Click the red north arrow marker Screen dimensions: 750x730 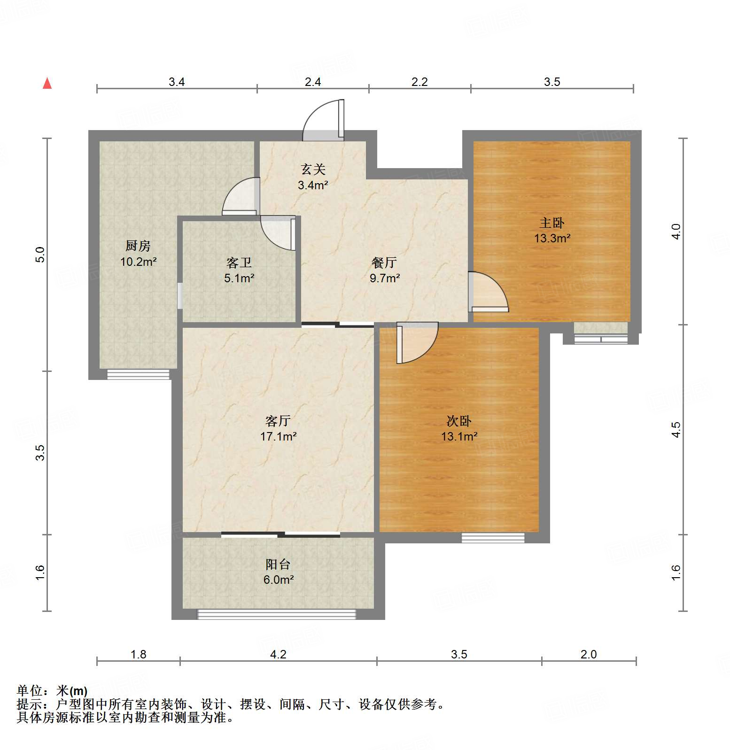[47, 84]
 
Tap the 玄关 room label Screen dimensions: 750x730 [313, 177]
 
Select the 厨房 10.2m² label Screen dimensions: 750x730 [138, 254]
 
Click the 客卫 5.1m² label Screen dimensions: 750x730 [239, 270]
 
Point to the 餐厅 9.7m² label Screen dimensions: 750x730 [384, 270]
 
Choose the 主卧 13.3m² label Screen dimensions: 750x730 [552, 230]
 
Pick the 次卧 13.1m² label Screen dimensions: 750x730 [459, 428]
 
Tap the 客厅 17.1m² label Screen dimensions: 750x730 [278, 428]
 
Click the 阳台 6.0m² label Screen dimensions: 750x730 [278, 572]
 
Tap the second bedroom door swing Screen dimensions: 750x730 [417, 343]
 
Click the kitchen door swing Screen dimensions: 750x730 [241, 196]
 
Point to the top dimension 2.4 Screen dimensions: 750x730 [313, 82]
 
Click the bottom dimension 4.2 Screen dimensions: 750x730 [278, 654]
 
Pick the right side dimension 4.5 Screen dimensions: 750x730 [676, 429]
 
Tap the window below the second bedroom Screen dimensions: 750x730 [493, 538]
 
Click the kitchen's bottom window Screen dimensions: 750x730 [138, 374]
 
